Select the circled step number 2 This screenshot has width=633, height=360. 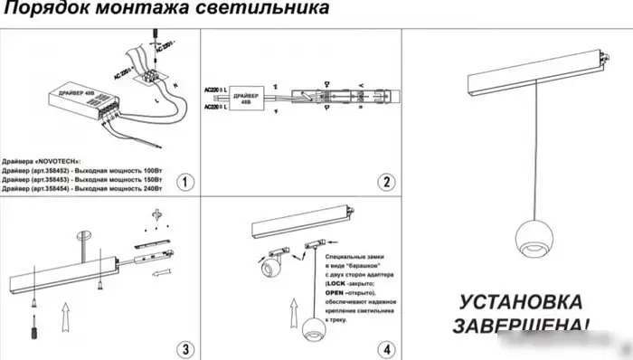tap(387, 182)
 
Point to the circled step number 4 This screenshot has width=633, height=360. tap(387, 348)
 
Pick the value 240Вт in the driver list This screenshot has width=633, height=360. tap(149, 190)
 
